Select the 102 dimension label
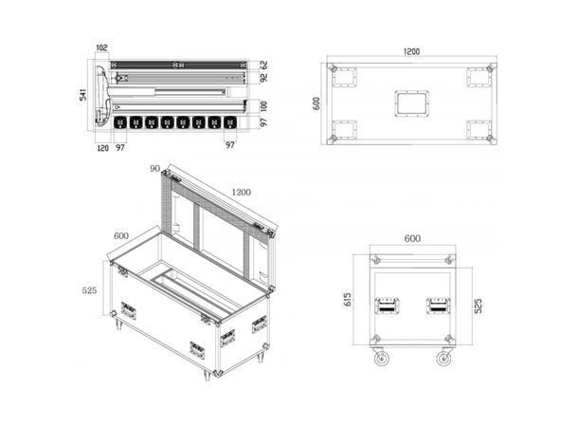click(x=101, y=46)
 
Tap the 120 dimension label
click(x=101, y=148)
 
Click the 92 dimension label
click(x=265, y=80)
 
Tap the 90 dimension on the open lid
click(x=154, y=168)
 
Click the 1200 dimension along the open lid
click(x=242, y=193)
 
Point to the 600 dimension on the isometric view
click(x=121, y=236)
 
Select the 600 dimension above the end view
click(x=411, y=239)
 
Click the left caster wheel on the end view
click(x=381, y=359)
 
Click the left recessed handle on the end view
click(x=387, y=306)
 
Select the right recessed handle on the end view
click(x=437, y=306)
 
